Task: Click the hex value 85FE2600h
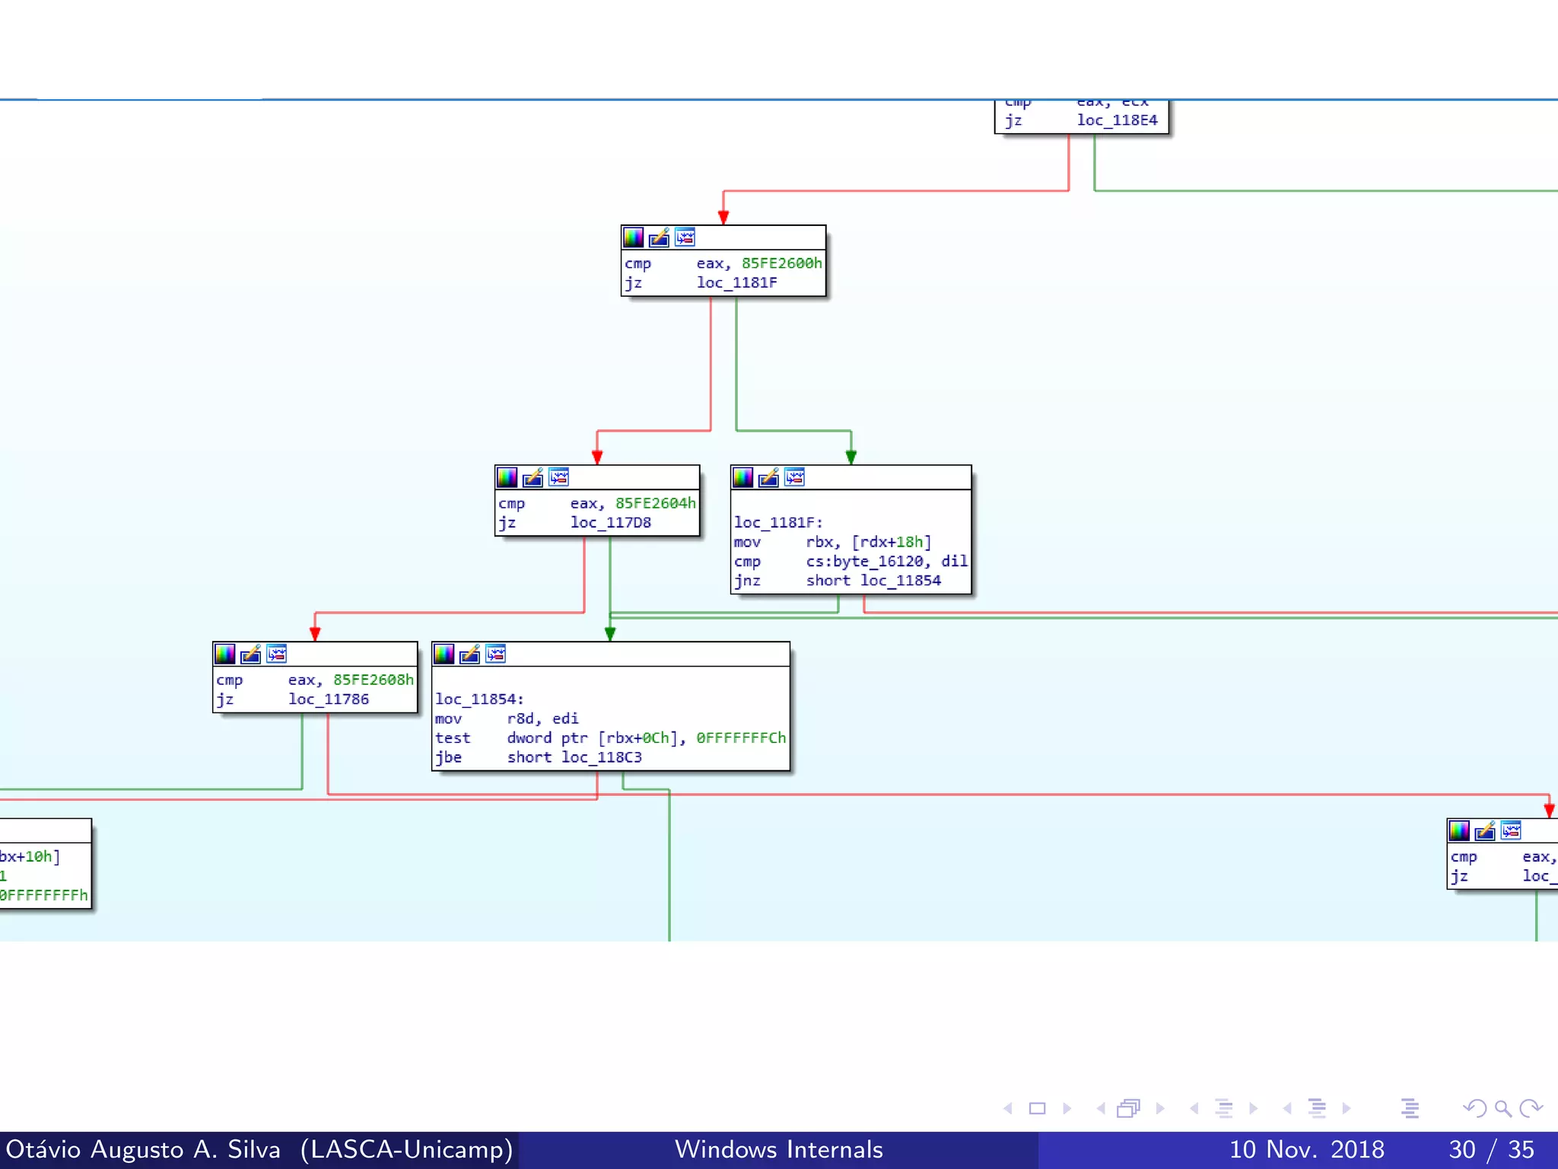tap(781, 263)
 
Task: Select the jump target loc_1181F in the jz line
tap(736, 283)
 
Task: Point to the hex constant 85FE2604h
tap(655, 503)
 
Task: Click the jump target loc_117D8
tap(610, 523)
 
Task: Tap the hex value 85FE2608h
tap(373, 680)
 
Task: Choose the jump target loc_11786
tap(328, 699)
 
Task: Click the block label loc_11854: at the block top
tap(479, 699)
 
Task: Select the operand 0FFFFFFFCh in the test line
tap(740, 738)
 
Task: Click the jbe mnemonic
tap(448, 757)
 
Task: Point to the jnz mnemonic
tap(746, 581)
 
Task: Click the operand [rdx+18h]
tap(891, 542)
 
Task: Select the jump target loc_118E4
tap(1116, 120)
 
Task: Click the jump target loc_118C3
tap(601, 757)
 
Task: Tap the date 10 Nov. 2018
tap(1306, 1149)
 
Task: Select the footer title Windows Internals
tap(778, 1149)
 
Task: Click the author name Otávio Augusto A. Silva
tap(143, 1149)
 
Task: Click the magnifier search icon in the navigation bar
tap(1502, 1108)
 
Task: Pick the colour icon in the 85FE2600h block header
tap(633, 237)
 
